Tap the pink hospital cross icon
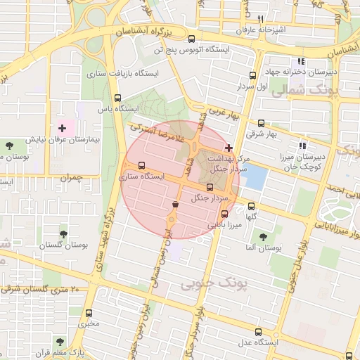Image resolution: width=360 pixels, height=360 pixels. click(x=62, y=128)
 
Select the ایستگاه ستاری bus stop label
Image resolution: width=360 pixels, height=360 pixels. click(x=142, y=176)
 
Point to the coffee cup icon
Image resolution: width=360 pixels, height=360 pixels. click(x=174, y=204)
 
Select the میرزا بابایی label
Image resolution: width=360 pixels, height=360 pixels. click(x=224, y=225)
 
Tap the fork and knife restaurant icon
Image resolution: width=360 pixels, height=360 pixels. click(x=260, y=19)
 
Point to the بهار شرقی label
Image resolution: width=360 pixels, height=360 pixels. click(x=262, y=134)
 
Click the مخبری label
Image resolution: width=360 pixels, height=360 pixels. click(x=89, y=324)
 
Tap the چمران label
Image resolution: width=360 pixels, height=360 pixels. click(x=72, y=179)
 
